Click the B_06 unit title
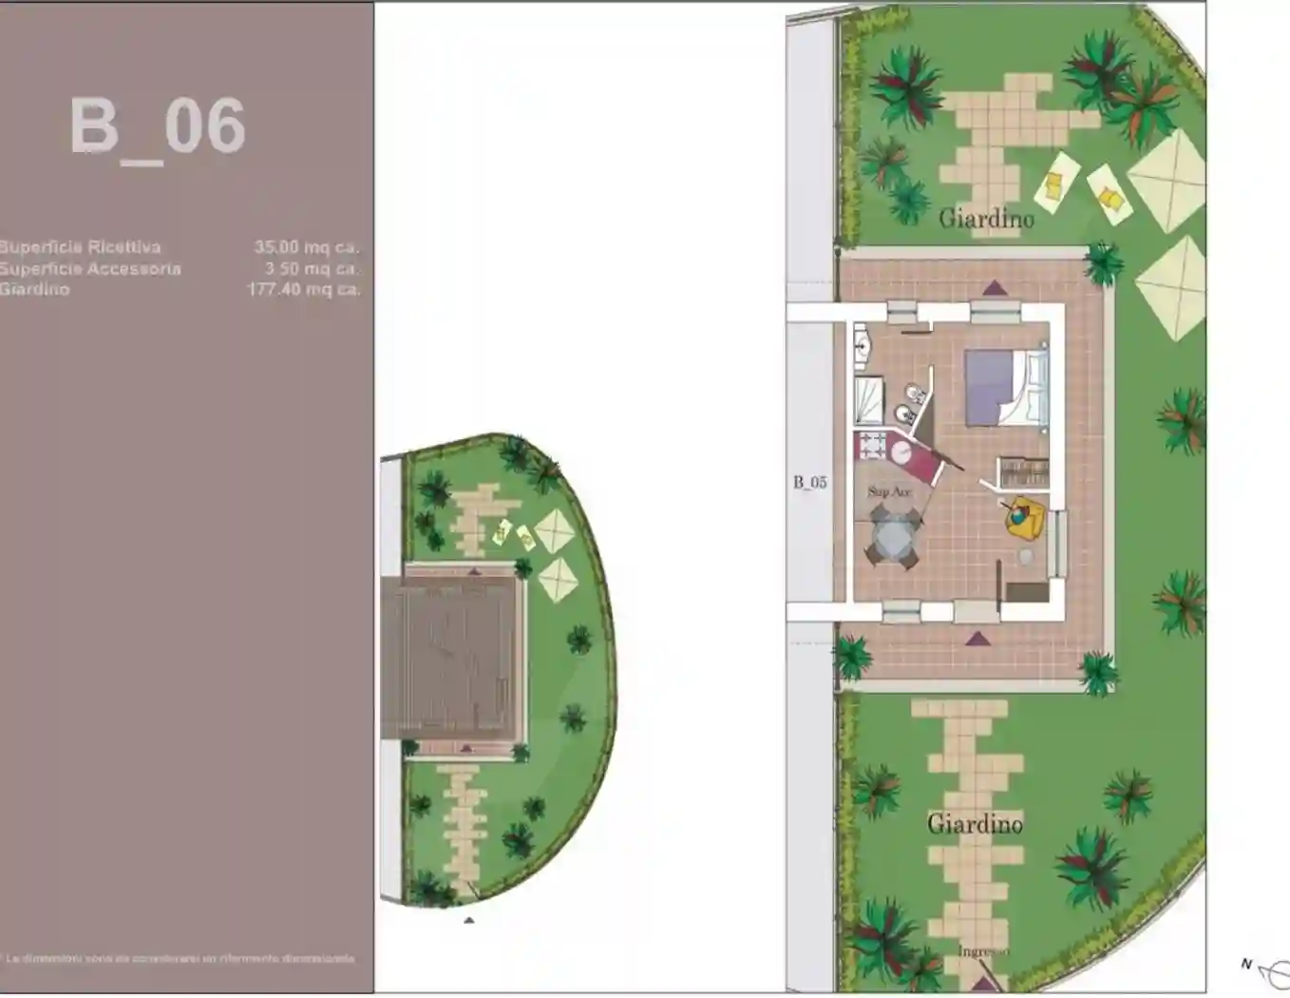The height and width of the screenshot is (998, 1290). [x=158, y=127]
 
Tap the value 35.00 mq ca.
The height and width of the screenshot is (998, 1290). [x=306, y=247]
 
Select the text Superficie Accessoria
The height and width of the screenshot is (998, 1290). [x=90, y=269]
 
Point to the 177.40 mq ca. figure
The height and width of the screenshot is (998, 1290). [x=304, y=289]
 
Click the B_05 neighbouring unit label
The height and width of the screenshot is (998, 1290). [x=810, y=483]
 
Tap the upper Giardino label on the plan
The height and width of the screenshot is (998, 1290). [x=986, y=219]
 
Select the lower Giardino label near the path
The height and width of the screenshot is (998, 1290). [x=975, y=823]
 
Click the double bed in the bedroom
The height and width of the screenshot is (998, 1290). [x=1006, y=388]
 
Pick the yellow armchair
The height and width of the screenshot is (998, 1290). [x=1026, y=516]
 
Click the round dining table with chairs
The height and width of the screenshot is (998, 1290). [x=894, y=538]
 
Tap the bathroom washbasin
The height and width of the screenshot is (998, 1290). [x=863, y=344]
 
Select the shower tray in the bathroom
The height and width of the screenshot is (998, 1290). [x=868, y=400]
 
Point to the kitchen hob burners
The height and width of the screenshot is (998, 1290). [x=870, y=447]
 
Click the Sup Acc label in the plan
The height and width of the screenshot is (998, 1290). [x=888, y=492]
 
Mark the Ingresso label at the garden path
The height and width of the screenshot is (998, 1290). [x=982, y=951]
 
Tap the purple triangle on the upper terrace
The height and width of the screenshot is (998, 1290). [x=995, y=288]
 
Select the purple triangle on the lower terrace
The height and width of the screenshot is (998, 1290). [x=977, y=639]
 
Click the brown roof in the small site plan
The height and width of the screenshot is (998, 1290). [x=452, y=656]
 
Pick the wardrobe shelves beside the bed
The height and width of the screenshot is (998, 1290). [x=1023, y=472]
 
